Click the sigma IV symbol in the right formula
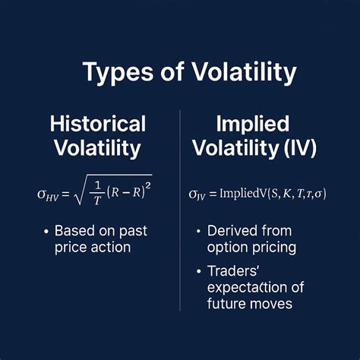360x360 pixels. tap(197, 194)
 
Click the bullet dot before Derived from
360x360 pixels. tap(200, 231)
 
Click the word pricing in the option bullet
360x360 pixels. tap(276, 247)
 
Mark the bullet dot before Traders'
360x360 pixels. tap(200, 270)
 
